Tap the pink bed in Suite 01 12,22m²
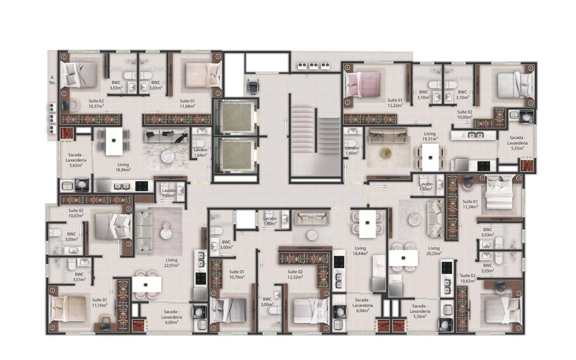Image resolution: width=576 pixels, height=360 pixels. click(363, 84)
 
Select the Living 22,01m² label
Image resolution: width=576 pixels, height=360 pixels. click(171, 262)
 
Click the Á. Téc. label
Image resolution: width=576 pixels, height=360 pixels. click(53, 80)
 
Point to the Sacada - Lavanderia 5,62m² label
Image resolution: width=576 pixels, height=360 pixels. click(76, 160)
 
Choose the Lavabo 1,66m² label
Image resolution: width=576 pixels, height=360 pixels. click(169, 193)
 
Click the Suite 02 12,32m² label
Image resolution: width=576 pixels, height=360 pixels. click(295, 274)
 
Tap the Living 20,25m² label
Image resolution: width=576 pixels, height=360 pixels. click(434, 251)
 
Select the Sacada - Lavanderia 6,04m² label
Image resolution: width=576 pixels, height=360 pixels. click(363, 305)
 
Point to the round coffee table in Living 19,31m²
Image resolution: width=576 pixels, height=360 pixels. click(386, 153)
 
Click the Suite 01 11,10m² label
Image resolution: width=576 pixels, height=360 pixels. click(99, 302)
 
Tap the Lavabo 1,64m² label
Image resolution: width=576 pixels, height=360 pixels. click(200, 153)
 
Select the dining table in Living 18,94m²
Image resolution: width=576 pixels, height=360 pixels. click(114, 141)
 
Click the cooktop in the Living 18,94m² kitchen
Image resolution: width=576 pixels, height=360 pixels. click(142, 186)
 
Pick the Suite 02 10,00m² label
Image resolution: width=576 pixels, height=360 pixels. click(465, 114)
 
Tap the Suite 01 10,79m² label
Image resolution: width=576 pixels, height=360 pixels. click(237, 274)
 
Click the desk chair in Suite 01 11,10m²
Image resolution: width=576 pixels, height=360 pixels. click(105, 324)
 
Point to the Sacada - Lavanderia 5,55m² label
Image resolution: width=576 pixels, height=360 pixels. click(517, 143)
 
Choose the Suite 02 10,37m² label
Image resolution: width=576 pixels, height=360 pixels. click(96, 103)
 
